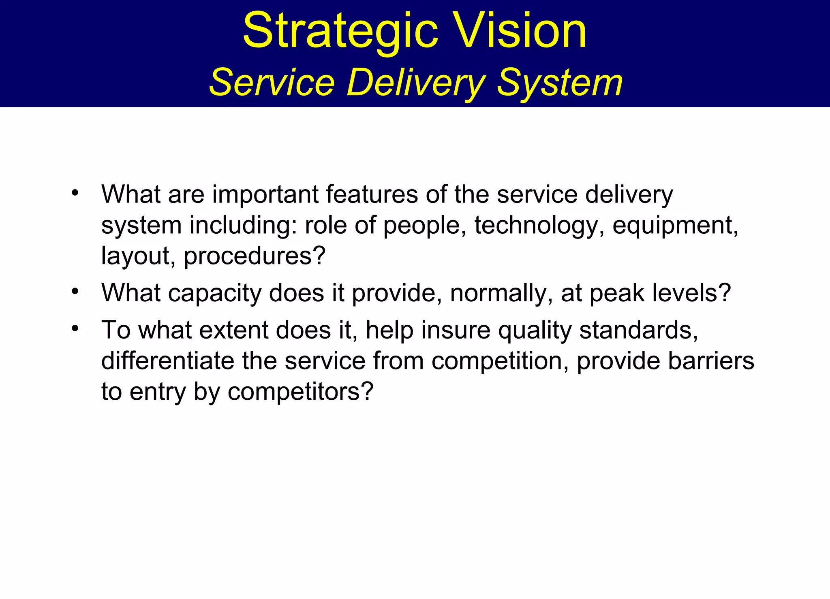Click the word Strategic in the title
340,32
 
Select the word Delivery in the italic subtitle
416,83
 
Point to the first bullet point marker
75,193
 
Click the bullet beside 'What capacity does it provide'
75,291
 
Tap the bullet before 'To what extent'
75,328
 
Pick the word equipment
675,226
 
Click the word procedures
254,256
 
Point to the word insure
456,330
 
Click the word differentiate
167,361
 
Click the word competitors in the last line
300,392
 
